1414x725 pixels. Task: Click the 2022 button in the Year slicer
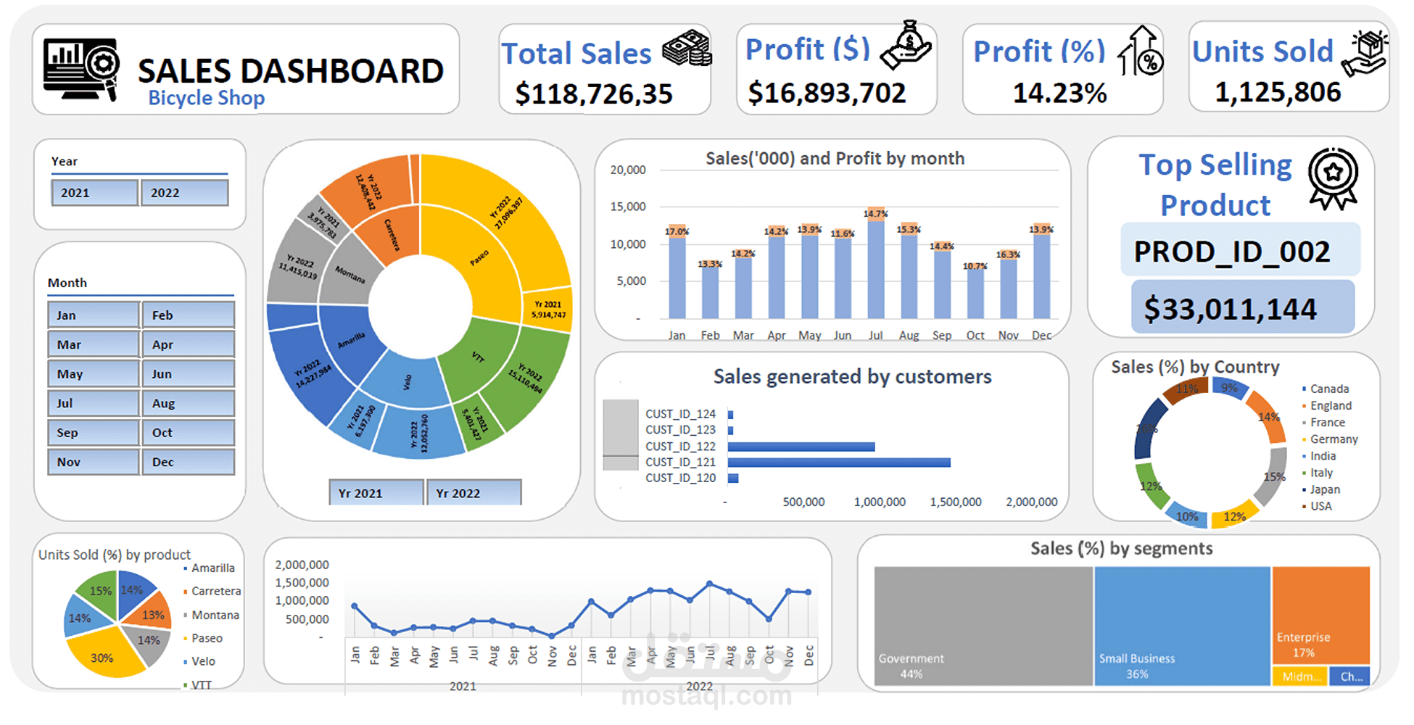tap(184, 193)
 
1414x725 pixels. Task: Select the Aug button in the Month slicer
tap(188, 403)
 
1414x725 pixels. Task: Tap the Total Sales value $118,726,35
tap(594, 94)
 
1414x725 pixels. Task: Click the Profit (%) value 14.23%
tap(1059, 93)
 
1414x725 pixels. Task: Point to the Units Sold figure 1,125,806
tap(1278, 92)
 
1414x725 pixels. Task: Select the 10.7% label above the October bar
tap(975, 266)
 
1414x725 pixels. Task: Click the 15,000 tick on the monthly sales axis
tap(628, 207)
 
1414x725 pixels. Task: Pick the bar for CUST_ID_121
tap(839, 463)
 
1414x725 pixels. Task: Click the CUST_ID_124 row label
tap(680, 414)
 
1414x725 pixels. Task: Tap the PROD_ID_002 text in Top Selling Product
tap(1232, 252)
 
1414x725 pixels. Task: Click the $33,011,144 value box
tap(1241, 309)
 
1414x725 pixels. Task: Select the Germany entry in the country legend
tap(1334, 439)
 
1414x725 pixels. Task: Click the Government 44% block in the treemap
tap(983, 625)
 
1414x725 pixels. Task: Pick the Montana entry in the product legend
tap(215, 615)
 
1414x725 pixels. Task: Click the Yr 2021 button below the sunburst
tap(375, 493)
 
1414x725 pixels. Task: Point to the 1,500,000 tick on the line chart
tap(302, 583)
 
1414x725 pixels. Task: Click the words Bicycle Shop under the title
tap(207, 98)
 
